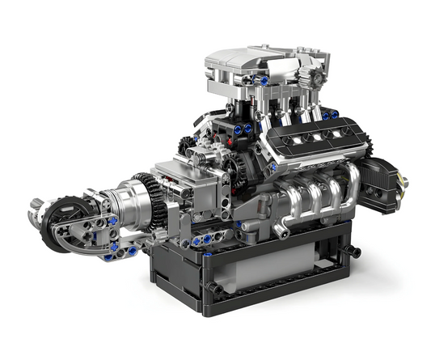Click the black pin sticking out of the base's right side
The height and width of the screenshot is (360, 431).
coord(354,252)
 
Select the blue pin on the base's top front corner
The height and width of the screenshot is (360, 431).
coord(209,253)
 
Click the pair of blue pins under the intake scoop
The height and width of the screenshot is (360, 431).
coord(243,129)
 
